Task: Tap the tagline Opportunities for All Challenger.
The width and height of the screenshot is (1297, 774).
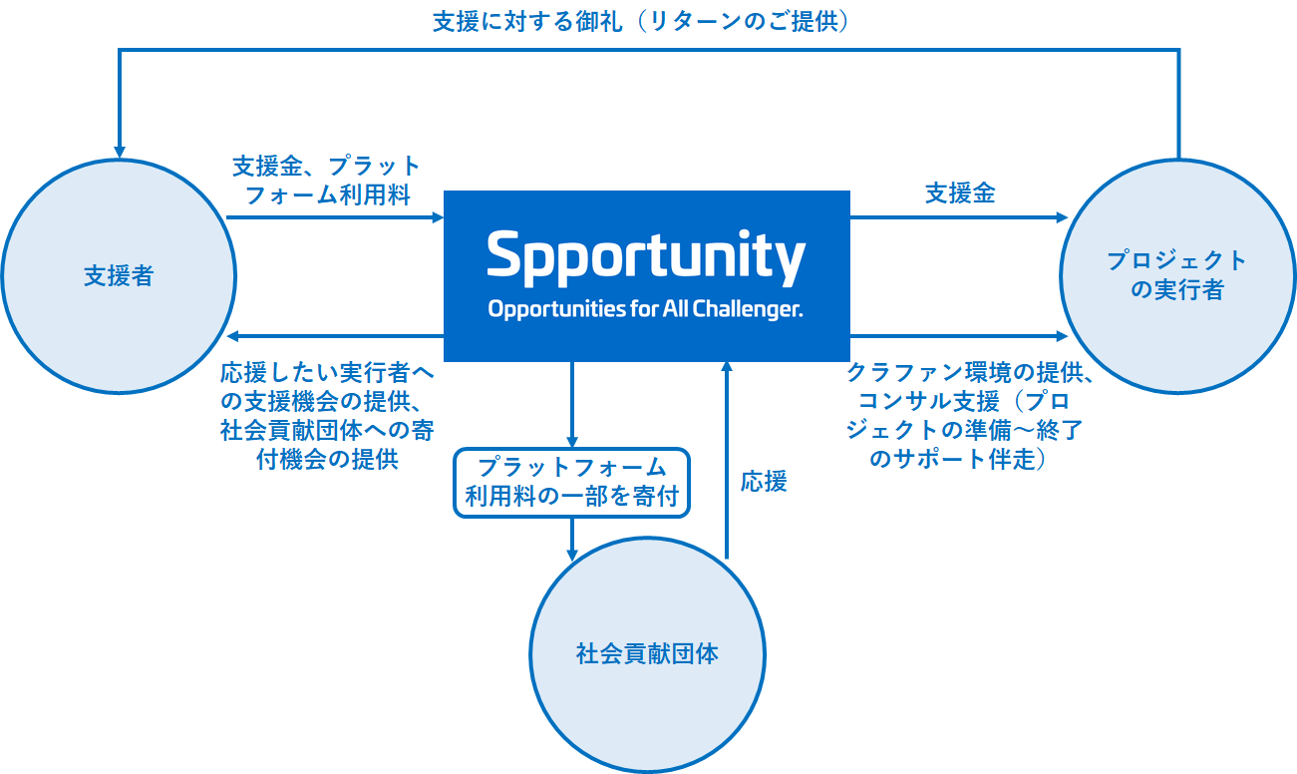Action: click(645, 309)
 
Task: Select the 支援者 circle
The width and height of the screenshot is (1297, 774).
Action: click(119, 276)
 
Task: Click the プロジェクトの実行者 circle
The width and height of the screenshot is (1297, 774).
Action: click(1177, 275)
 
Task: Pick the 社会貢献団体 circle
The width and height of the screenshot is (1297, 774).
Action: click(647, 654)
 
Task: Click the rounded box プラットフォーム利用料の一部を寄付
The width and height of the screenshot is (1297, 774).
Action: click(571, 482)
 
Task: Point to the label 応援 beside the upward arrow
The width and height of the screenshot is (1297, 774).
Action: click(764, 482)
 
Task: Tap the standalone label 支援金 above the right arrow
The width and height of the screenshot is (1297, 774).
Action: click(959, 193)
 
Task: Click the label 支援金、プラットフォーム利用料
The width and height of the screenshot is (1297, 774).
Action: click(327, 180)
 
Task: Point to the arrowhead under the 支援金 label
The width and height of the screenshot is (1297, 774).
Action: click(1061, 216)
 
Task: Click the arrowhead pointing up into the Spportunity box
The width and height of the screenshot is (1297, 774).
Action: click(727, 368)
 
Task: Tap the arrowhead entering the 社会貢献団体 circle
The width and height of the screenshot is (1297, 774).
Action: click(572, 555)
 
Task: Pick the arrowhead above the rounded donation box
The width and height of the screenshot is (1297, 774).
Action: click(572, 441)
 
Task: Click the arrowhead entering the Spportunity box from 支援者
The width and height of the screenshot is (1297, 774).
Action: click(437, 216)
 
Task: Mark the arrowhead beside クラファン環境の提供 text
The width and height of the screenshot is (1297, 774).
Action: click(1061, 336)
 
